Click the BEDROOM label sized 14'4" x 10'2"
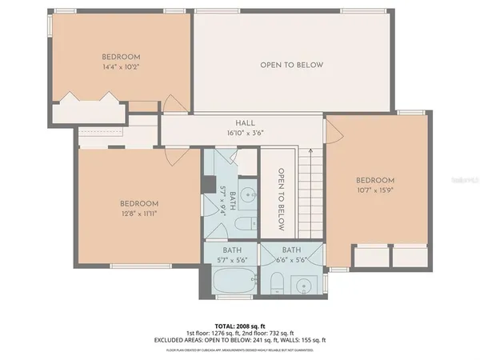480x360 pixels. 122,57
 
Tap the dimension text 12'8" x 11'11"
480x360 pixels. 139,214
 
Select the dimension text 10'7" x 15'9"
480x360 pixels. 375,190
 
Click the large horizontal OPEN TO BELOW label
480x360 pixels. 291,65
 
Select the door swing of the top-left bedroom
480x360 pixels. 174,103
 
